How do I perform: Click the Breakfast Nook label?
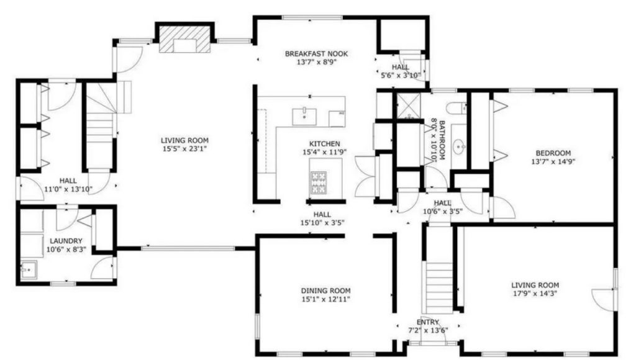316,53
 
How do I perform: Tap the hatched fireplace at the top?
184,39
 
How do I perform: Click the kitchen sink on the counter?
304,116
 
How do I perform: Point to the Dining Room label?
325,290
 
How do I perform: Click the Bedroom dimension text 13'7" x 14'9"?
553,161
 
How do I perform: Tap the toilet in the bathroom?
457,109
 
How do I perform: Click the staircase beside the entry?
438,287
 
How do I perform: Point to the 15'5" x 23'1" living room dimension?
184,149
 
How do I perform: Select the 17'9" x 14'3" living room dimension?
535,294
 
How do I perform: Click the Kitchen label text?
324,144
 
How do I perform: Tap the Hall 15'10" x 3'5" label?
322,218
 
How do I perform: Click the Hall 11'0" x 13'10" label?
68,185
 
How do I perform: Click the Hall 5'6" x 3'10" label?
401,71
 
